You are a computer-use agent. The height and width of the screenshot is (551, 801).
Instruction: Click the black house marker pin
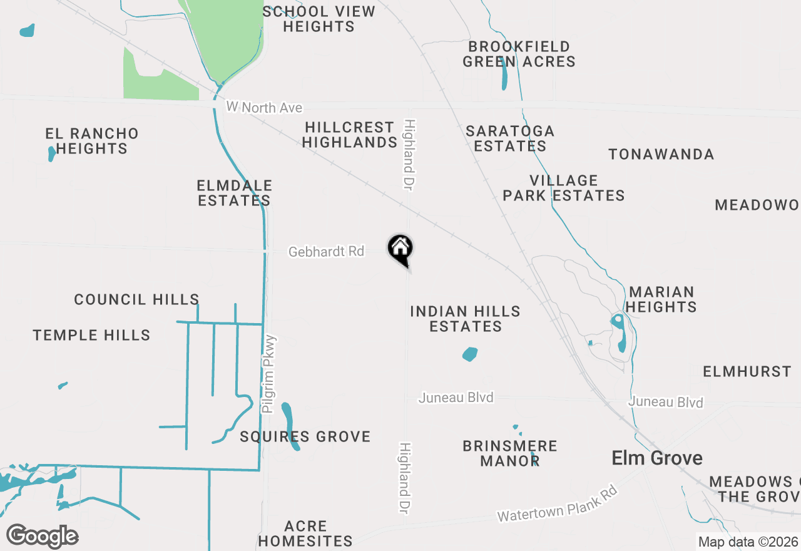point(400,249)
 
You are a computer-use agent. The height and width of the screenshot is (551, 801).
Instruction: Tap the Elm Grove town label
point(656,458)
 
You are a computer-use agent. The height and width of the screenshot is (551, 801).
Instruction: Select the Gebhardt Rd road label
point(326,252)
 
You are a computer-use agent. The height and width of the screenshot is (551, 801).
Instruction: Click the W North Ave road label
point(264,108)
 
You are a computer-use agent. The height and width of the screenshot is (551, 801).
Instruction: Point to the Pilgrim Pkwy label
point(270,374)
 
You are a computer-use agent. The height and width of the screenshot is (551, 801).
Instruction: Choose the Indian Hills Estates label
point(465,319)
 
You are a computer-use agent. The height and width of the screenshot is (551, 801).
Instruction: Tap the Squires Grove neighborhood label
point(305,436)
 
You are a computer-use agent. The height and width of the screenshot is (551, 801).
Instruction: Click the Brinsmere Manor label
point(509,453)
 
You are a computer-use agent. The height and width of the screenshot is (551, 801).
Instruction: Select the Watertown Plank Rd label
point(558,504)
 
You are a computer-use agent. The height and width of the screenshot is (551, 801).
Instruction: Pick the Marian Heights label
point(661,299)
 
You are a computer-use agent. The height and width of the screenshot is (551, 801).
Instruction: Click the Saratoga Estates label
point(510,138)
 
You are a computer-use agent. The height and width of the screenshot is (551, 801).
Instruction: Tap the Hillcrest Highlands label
point(349,135)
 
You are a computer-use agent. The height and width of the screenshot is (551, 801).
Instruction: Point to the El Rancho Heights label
point(92,141)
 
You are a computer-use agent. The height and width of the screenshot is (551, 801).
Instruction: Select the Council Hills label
point(136,300)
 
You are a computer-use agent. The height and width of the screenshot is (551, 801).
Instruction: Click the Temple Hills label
point(91,336)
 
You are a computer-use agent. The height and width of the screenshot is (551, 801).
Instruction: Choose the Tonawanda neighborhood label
point(661,154)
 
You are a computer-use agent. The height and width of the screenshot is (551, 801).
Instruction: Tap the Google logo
point(42,537)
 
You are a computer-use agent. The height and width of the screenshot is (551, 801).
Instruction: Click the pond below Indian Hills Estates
point(469,354)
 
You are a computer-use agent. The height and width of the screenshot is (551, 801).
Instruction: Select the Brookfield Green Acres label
point(519,54)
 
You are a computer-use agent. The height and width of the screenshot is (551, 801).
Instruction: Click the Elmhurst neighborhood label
point(747,372)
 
